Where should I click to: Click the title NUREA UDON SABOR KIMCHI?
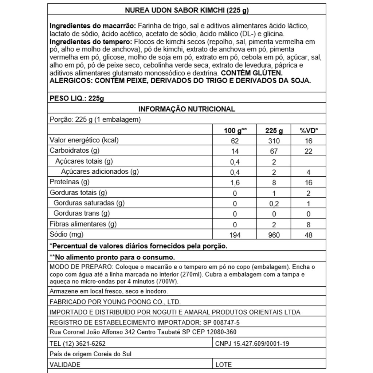click(x=187, y=10)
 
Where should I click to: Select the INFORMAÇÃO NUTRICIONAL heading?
click(x=187, y=109)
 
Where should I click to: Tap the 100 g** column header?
click(x=235, y=130)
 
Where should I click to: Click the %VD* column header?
click(x=309, y=130)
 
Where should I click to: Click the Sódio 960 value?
click(x=274, y=235)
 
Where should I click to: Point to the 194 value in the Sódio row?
click(x=235, y=235)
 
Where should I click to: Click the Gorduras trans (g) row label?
click(x=82, y=213)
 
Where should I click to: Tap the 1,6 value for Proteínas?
click(x=235, y=182)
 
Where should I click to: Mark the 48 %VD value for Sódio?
click(x=309, y=235)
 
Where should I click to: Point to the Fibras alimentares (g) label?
click(x=83, y=224)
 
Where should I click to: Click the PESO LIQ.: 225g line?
click(x=76, y=98)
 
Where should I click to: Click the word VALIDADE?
click(x=65, y=365)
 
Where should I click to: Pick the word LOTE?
click(x=224, y=365)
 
